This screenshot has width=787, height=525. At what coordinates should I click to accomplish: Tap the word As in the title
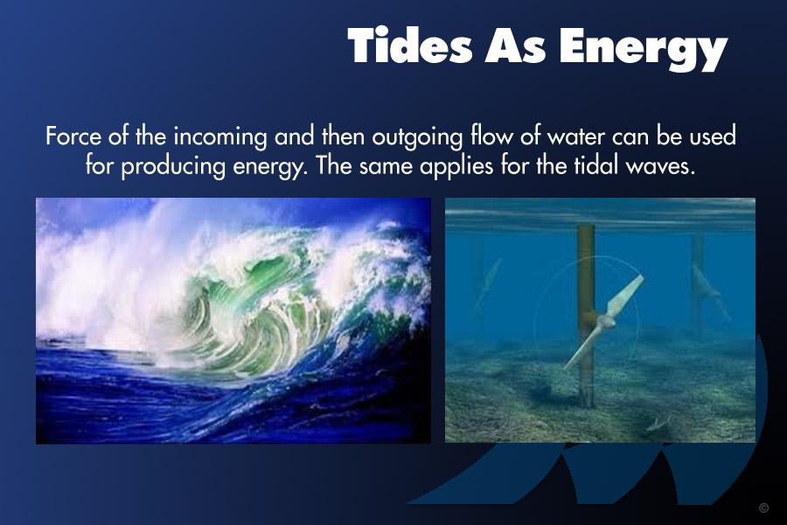(515, 45)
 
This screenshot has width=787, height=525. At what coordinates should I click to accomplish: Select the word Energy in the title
(644, 49)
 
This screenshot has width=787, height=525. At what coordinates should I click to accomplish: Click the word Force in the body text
(73, 136)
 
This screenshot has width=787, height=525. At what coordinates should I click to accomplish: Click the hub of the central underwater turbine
(603, 322)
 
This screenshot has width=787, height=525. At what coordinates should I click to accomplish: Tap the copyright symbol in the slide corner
(763, 507)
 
